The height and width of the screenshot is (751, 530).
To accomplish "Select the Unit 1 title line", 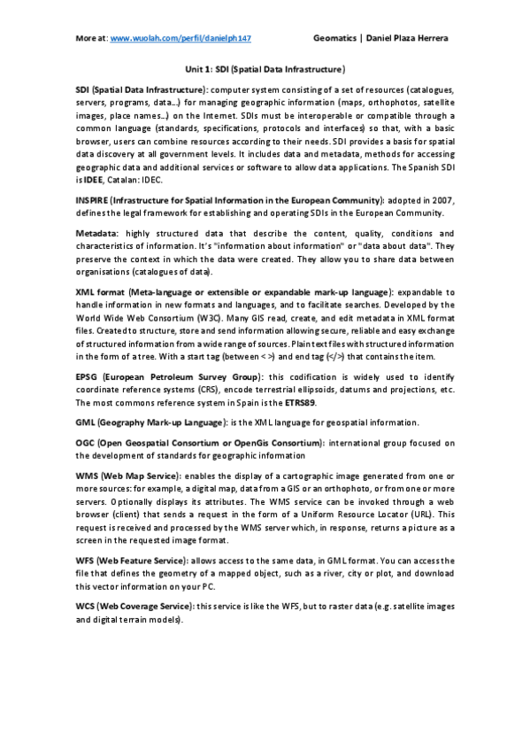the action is point(265,68).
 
